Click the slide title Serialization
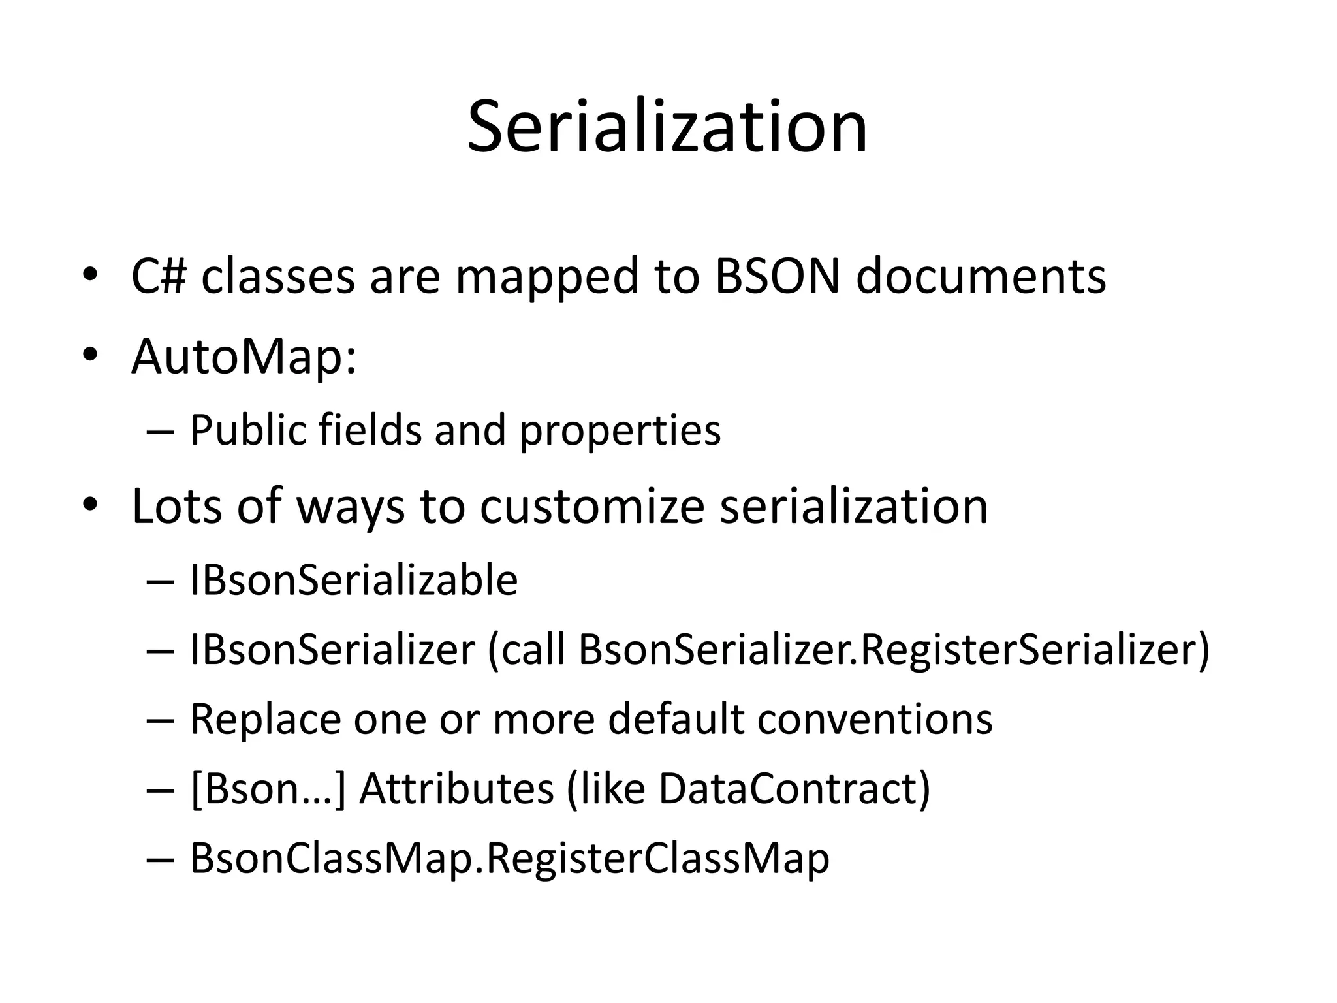pyautogui.click(x=667, y=127)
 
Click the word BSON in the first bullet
pyautogui.click(x=777, y=277)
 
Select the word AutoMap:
pyautogui.click(x=244, y=358)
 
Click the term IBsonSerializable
pyautogui.click(x=353, y=580)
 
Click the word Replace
pyautogui.click(x=265, y=720)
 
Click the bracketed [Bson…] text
pyautogui.click(x=267, y=789)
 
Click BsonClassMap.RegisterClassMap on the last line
pyautogui.click(x=509, y=859)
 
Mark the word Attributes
pyautogui.click(x=456, y=789)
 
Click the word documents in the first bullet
pyautogui.click(x=981, y=277)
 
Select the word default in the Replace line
pyautogui.click(x=676, y=720)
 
